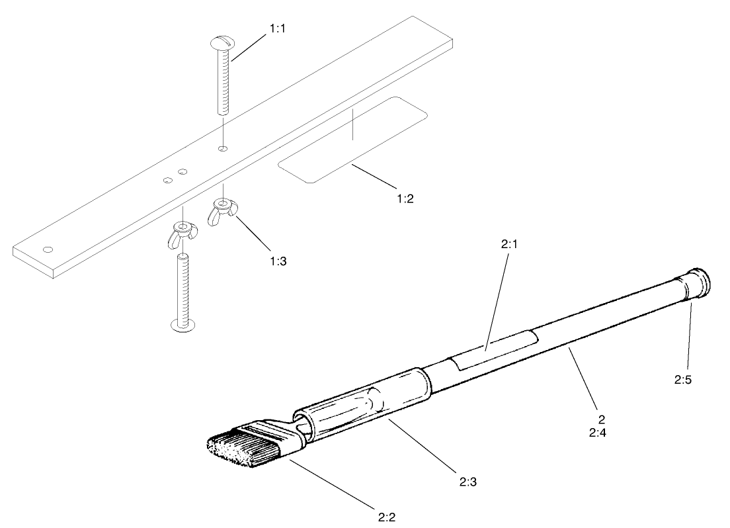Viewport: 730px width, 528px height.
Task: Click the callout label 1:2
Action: [x=401, y=198]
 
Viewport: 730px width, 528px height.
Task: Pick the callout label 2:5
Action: [x=683, y=380]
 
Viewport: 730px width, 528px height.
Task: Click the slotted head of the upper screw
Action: [x=222, y=44]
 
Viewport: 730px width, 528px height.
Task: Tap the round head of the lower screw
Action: [x=183, y=325]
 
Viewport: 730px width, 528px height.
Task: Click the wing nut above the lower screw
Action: [x=182, y=234]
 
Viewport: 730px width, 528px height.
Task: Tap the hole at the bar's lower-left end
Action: [x=47, y=249]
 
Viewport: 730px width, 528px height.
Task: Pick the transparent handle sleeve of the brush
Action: [x=364, y=404]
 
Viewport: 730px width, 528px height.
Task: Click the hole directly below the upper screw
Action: [x=223, y=148]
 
